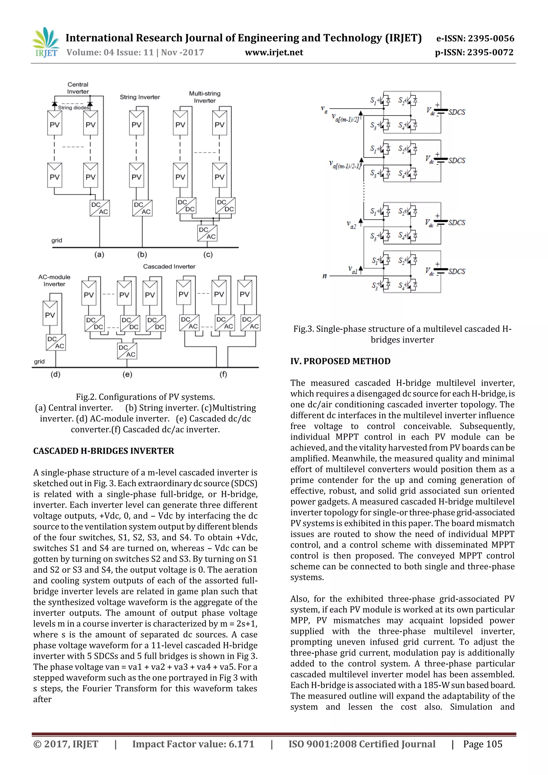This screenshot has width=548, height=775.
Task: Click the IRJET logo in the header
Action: [45, 43]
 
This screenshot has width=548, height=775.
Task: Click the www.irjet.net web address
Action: [274, 52]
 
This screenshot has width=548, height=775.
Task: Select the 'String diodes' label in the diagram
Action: [73, 108]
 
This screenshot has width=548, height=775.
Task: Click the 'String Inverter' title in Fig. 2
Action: [140, 97]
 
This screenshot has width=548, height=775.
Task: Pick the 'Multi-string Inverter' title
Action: [204, 97]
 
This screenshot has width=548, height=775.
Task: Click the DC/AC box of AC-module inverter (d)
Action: [56, 343]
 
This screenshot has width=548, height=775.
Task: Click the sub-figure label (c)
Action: [208, 254]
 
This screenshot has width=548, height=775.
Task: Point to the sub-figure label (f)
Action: [223, 374]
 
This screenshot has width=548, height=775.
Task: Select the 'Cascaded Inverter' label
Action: [169, 266]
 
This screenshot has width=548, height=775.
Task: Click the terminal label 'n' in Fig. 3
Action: [325, 276]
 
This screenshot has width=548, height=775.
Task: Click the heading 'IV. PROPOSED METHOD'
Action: [340, 361]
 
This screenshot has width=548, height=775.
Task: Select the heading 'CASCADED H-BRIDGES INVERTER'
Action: [104, 451]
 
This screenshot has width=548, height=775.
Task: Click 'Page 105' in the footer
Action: [482, 744]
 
